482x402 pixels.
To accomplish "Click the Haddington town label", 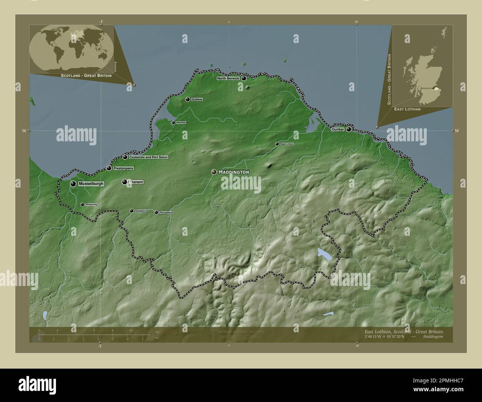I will (234, 172).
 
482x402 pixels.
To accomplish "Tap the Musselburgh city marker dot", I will (73, 184).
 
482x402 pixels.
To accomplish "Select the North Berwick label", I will (228, 78).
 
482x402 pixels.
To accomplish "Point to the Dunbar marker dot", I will (349, 129).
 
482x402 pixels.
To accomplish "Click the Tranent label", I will (136, 182).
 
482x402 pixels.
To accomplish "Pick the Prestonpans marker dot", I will (109, 168).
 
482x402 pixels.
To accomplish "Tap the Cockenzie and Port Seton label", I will (148, 157).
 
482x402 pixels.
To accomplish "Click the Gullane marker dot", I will (188, 99).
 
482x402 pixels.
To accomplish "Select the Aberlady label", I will (181, 122).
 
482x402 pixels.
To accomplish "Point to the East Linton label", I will (287, 144).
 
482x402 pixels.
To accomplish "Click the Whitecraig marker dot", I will (82, 204).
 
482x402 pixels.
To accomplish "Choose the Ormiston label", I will (141, 211).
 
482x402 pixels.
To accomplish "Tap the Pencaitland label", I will (166, 212).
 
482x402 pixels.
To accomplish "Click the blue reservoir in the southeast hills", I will (323, 254).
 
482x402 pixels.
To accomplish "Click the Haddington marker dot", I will (214, 172).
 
